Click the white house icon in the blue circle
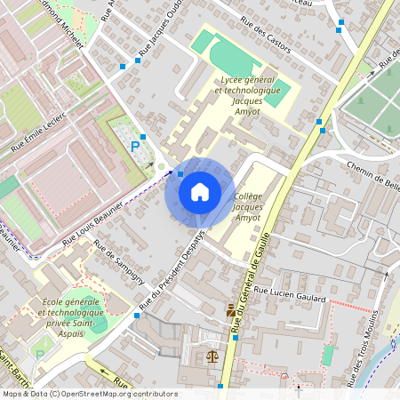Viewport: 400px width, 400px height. [x=200, y=191]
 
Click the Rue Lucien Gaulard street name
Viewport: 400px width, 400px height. [x=290, y=294]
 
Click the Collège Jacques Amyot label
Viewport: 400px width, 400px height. [x=248, y=205]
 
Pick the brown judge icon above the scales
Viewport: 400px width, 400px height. [x=231, y=310]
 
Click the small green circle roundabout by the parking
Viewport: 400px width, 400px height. [x=161, y=166]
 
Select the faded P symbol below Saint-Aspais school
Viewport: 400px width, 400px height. [x=38, y=355]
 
